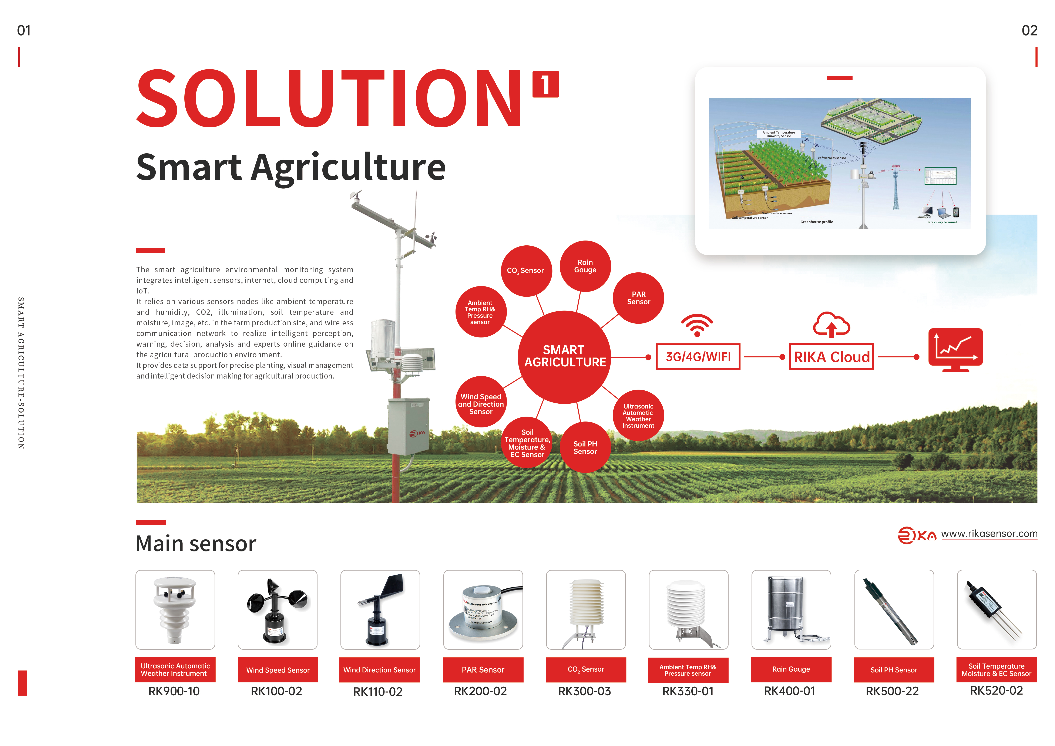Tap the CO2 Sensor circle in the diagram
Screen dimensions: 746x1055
526,270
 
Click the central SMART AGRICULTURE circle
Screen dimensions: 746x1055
565,356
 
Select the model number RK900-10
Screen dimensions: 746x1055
174,691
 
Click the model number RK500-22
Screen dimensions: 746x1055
892,691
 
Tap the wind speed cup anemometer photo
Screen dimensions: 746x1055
278,609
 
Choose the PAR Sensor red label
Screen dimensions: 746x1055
483,670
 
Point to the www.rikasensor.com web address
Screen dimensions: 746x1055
989,534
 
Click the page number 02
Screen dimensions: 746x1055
1029,31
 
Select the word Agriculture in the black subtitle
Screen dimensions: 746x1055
348,167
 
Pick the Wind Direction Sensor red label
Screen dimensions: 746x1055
380,670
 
